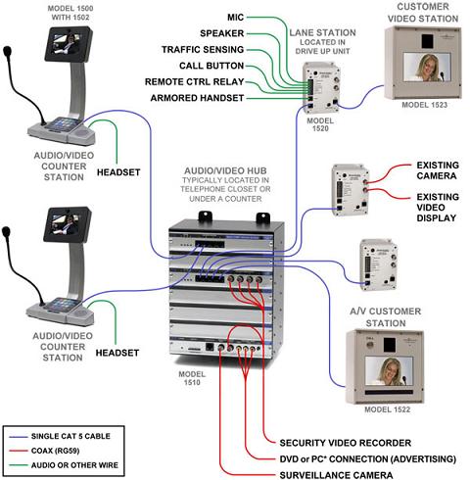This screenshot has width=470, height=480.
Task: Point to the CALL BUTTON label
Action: click(x=216, y=66)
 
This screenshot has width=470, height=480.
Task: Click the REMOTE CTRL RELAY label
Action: click(x=195, y=82)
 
